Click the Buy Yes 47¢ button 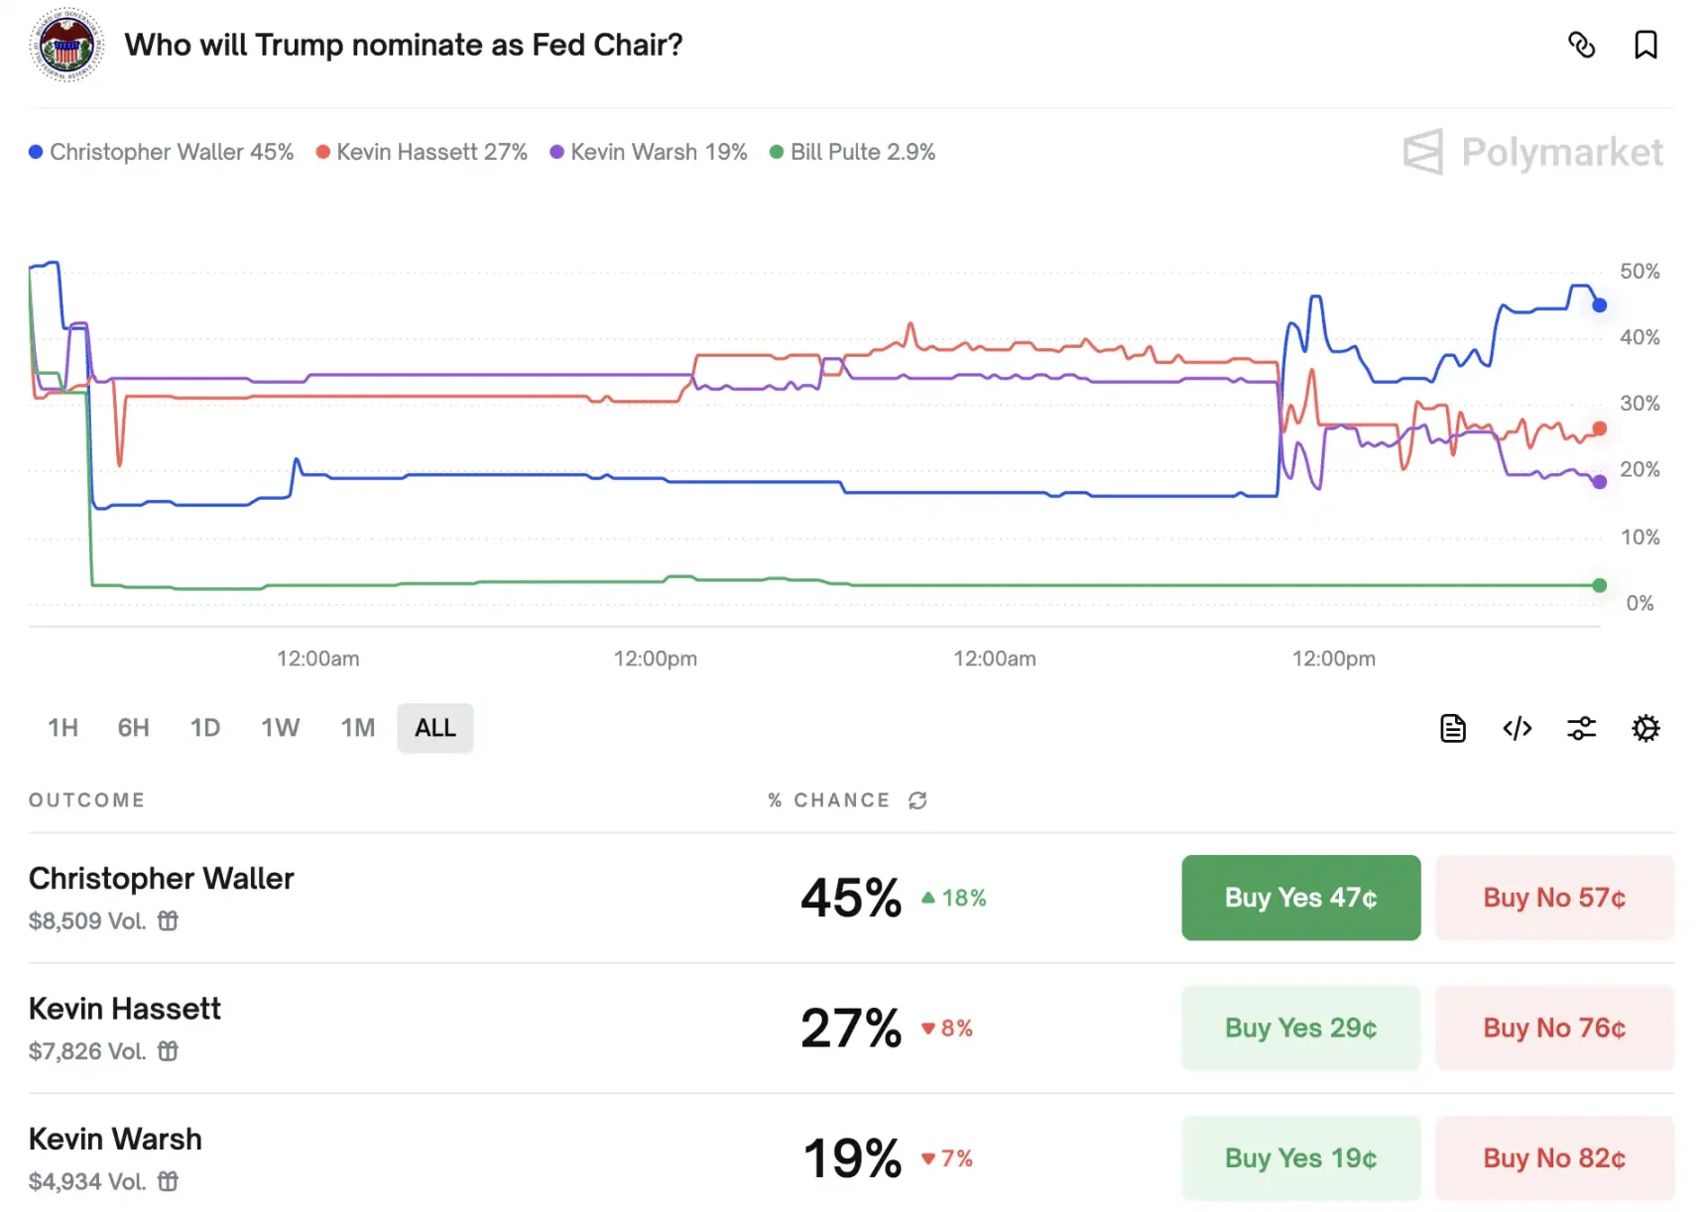pos(1300,898)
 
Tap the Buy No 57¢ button pos(1553,898)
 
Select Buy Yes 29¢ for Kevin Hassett pos(1300,1028)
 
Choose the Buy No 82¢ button pos(1553,1157)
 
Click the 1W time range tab pos(280,728)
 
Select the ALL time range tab pos(434,728)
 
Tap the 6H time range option pos(133,728)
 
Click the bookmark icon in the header pos(1645,45)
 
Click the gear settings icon pos(1645,729)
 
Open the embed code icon pos(1517,729)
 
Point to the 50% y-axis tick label pos(1639,271)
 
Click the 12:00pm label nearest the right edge pos(1333,659)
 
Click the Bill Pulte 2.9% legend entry pos(853,152)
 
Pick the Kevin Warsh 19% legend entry pos(649,152)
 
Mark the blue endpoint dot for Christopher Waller pos(1599,305)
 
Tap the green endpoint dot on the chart pos(1599,585)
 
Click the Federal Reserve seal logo pos(66,45)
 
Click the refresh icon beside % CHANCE pos(917,800)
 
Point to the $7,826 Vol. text pos(87,1051)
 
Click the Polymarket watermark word pos(1561,152)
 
